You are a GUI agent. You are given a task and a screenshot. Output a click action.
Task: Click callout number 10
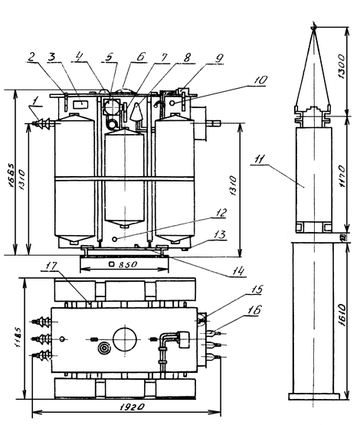[x=260, y=80]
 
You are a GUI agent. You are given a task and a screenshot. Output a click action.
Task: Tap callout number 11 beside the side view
[x=259, y=159]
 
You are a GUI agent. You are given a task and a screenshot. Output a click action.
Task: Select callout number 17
[x=51, y=266]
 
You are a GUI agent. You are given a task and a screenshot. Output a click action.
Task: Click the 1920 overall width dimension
[x=133, y=407]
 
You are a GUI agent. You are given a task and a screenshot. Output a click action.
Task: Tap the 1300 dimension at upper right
[x=342, y=67]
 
